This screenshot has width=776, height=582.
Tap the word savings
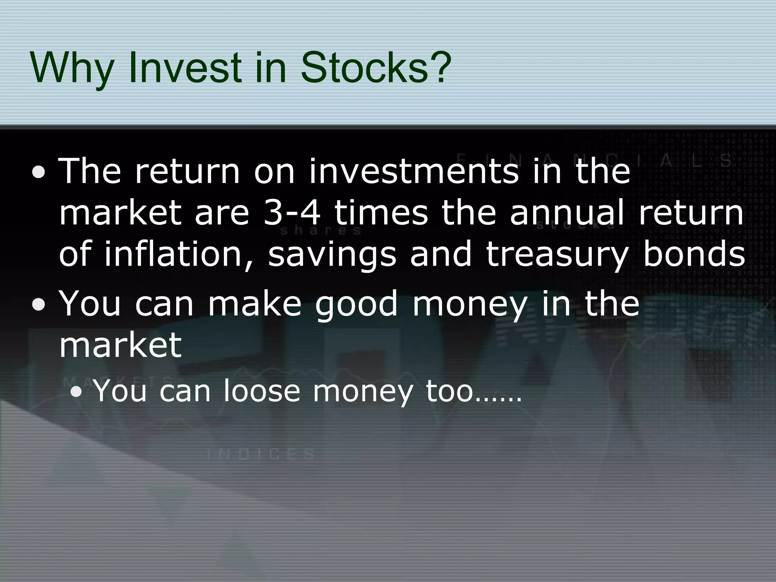click(332, 255)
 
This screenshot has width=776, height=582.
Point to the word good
click(357, 305)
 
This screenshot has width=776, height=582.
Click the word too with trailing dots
click(474, 391)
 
